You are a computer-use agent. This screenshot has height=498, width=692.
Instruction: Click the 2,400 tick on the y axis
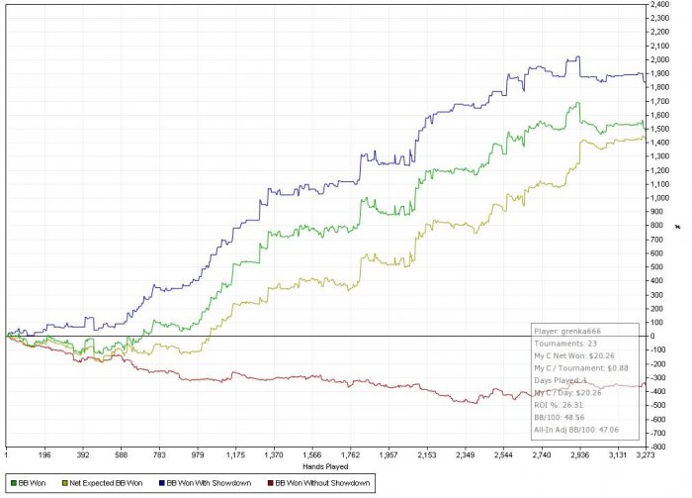[x=660, y=5]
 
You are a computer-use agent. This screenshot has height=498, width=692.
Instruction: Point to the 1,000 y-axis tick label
[x=660, y=198]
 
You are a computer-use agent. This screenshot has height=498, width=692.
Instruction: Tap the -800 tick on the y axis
[x=659, y=446]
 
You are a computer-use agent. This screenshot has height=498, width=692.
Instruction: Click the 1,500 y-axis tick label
[x=660, y=129]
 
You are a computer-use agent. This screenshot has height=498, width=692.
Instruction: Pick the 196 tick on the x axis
[x=43, y=454]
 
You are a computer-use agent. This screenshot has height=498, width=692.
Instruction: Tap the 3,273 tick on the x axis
[x=644, y=454]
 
